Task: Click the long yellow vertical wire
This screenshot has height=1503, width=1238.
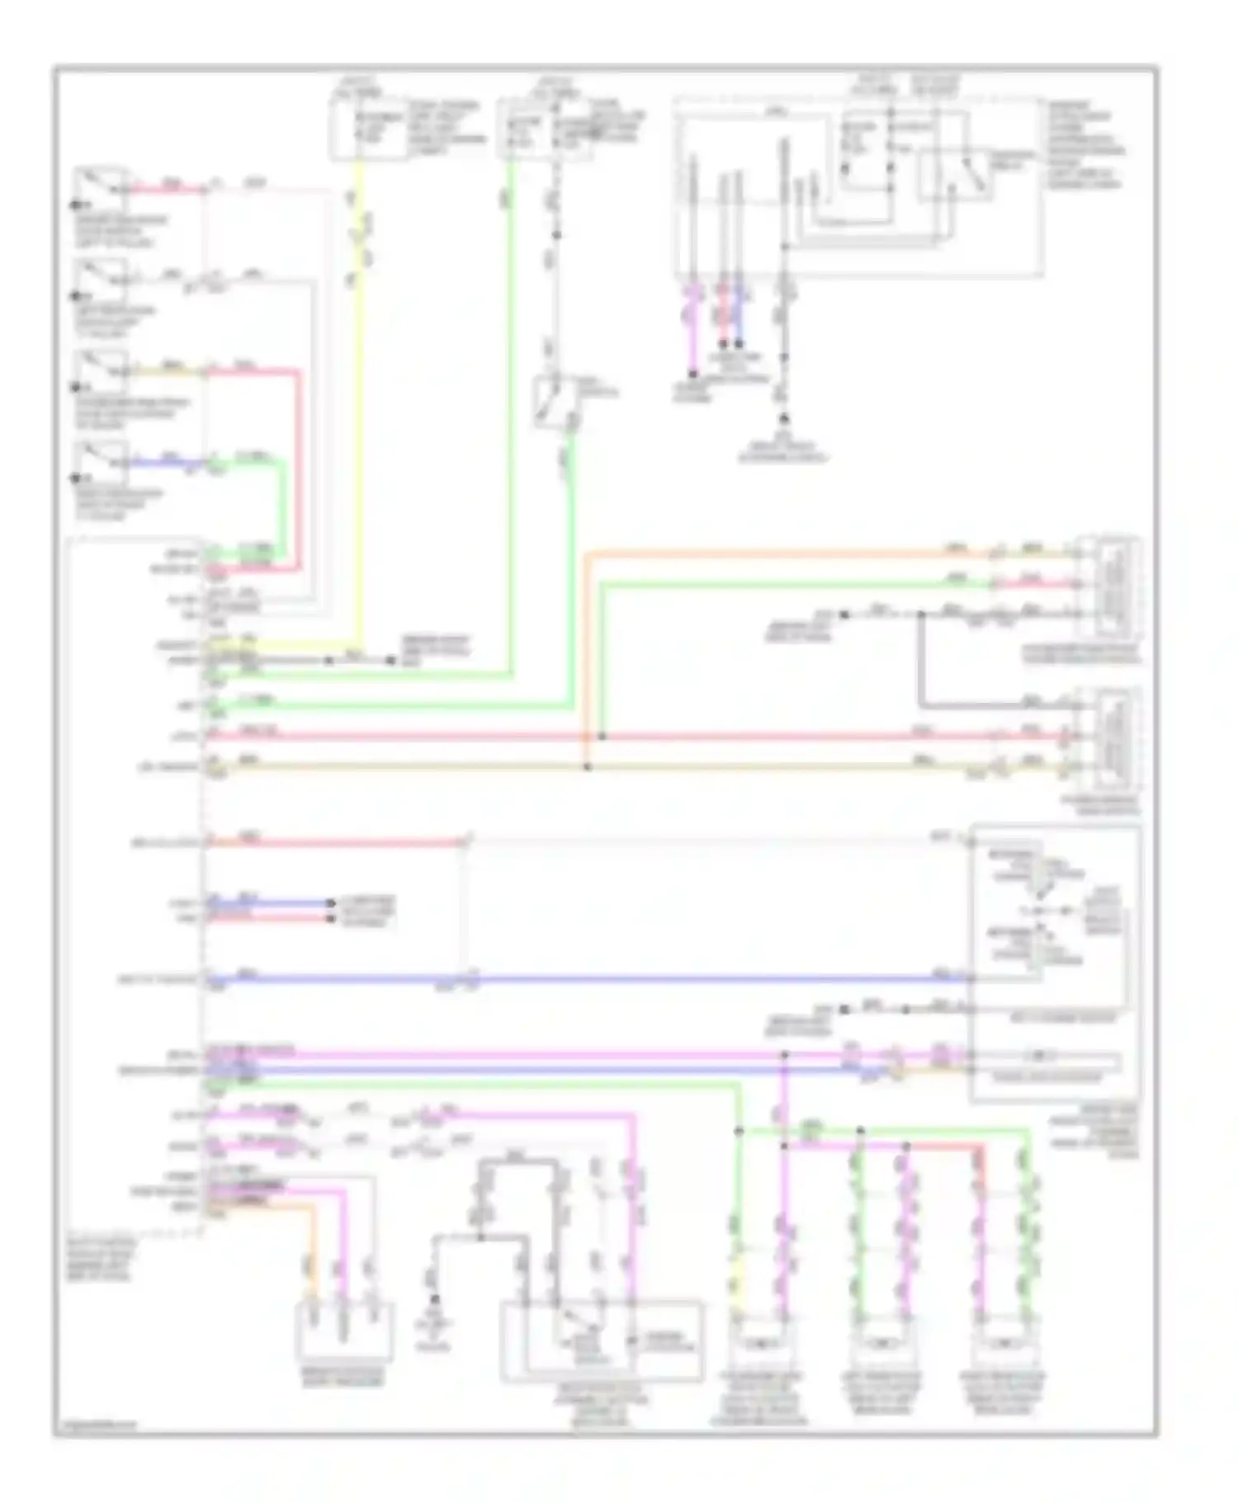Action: coord(360,412)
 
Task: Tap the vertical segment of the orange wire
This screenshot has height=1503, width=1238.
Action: coord(586,660)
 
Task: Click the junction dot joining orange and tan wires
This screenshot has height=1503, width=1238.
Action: coord(588,767)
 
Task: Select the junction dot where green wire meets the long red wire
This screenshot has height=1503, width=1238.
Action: coord(602,736)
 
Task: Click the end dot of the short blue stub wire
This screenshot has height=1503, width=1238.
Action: coord(329,902)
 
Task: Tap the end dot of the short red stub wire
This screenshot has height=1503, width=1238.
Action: coord(329,917)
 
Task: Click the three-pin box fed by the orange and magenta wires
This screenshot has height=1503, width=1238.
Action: coord(346,1328)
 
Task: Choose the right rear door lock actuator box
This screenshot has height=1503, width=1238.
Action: coord(1002,1344)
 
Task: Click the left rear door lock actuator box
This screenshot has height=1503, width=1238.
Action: coord(881,1344)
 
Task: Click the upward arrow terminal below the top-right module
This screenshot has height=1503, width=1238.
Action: coord(784,419)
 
